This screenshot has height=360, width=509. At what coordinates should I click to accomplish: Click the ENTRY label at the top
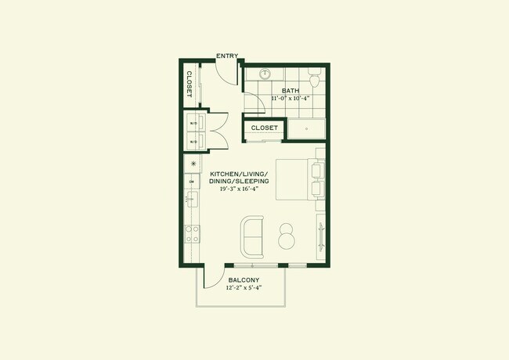coord(228,56)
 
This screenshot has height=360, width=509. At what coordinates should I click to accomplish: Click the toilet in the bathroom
coord(314,79)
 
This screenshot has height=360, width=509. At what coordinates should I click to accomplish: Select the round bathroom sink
coord(265,75)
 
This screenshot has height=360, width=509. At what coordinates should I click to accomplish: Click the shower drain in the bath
coord(305,129)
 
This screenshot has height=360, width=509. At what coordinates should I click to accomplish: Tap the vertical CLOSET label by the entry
coord(190,84)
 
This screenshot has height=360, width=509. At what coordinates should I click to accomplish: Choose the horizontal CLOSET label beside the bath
coord(265,128)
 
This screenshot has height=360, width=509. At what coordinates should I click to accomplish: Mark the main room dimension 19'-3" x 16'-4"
coord(240,189)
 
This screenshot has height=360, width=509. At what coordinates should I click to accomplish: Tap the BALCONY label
coord(244,279)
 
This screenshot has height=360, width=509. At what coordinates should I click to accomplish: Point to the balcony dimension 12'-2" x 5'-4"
coord(244,288)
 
